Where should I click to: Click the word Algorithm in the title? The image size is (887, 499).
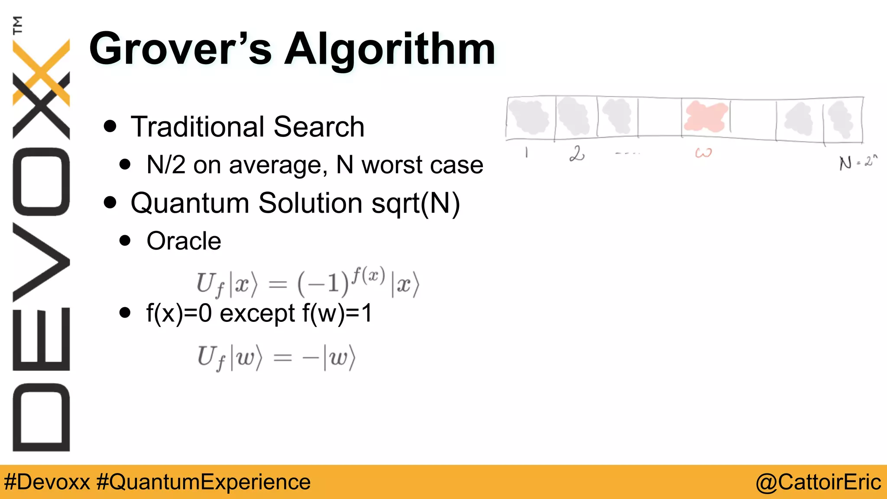pyautogui.click(x=390, y=50)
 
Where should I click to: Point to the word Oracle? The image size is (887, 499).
pyautogui.click(x=184, y=241)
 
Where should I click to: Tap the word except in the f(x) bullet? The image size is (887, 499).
pyautogui.click(x=257, y=313)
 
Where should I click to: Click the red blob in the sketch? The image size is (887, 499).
pyautogui.click(x=705, y=117)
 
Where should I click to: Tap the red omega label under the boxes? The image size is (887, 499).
pyautogui.click(x=703, y=153)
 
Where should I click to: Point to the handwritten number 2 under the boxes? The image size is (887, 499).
pyautogui.click(x=577, y=154)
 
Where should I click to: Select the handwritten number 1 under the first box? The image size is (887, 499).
pyautogui.click(x=526, y=152)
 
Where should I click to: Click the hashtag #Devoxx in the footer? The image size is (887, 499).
pyautogui.click(x=47, y=482)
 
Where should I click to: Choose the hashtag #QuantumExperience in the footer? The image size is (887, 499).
pyautogui.click(x=204, y=482)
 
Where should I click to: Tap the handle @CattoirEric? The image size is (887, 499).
pyautogui.click(x=818, y=482)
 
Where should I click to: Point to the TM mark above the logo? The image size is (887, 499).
pyautogui.click(x=17, y=25)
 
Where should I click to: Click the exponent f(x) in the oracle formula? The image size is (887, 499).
pyautogui.click(x=368, y=275)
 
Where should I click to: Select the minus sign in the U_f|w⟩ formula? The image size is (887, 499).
pyautogui.click(x=311, y=359)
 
